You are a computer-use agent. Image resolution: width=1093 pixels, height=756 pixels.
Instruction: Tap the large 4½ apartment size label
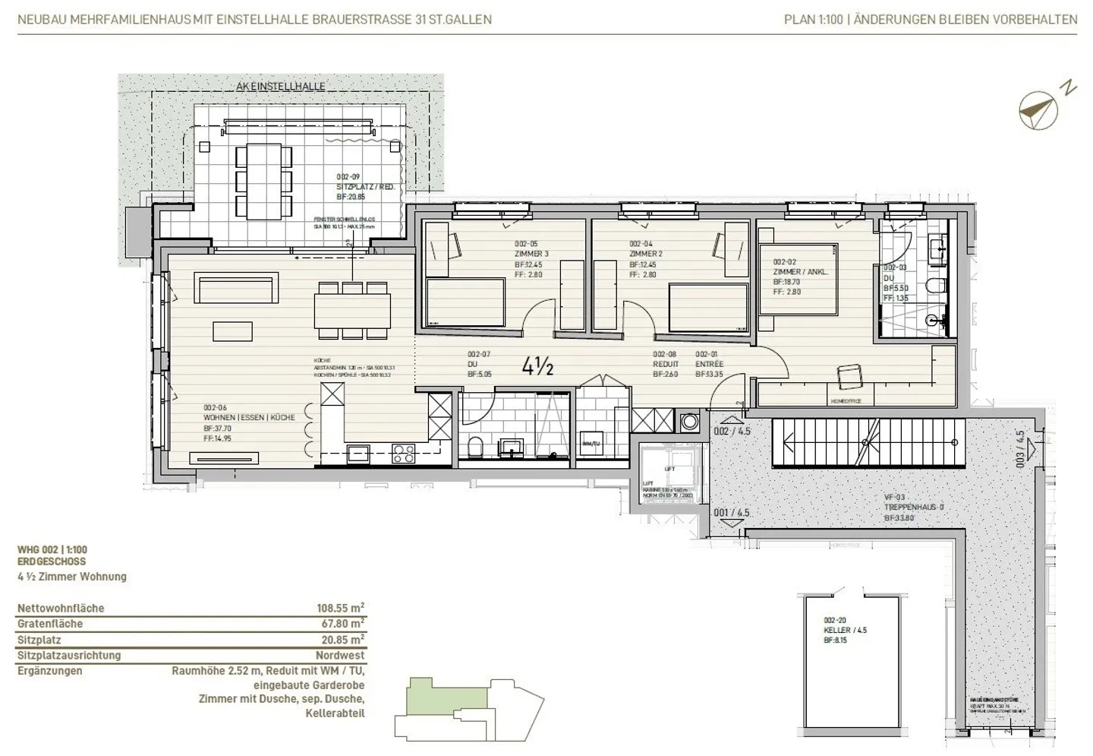pyautogui.click(x=537, y=367)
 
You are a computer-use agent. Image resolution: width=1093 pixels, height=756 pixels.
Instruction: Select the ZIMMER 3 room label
pyautogui.click(x=531, y=254)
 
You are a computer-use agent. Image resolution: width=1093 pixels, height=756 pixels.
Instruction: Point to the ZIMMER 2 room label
pyautogui.click(x=646, y=254)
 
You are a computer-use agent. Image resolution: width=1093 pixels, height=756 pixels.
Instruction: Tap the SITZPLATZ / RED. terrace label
pyautogui.click(x=365, y=187)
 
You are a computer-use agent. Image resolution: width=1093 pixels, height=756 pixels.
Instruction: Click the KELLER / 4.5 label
pyautogui.click(x=845, y=630)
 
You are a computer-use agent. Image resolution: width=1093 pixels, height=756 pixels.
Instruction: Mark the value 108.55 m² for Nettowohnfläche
pyautogui.click(x=340, y=608)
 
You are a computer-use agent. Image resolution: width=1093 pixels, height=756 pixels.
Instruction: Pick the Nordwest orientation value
pyautogui.click(x=340, y=655)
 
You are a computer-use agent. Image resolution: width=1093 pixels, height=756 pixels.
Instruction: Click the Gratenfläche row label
pyautogui.click(x=50, y=624)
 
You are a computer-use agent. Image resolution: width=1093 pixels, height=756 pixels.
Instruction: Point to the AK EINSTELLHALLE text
pyautogui.click(x=280, y=87)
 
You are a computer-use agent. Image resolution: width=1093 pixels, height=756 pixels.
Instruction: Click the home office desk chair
pyautogui.click(x=849, y=376)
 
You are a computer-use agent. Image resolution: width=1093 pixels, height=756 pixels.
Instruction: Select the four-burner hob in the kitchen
pyautogui.click(x=403, y=454)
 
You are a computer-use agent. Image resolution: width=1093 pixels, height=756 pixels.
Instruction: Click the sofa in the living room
pyautogui.click(x=235, y=289)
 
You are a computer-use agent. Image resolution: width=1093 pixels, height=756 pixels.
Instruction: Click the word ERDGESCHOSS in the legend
pyautogui.click(x=52, y=561)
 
